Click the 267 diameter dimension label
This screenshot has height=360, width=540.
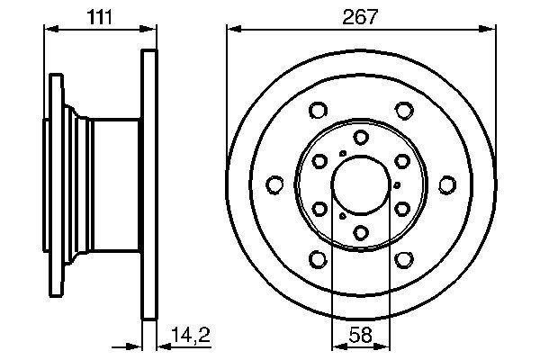point(360,15)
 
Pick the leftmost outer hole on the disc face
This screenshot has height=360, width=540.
point(274,185)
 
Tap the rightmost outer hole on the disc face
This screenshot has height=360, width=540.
point(447,185)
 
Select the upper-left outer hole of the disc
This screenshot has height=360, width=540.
point(317,111)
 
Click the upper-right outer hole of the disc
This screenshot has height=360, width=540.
point(404,111)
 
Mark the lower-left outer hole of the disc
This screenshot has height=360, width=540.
point(317,260)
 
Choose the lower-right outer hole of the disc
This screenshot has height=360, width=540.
point(404,260)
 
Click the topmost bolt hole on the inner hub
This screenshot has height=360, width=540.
point(360,137)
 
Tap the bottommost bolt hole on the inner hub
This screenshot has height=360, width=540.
point(360,234)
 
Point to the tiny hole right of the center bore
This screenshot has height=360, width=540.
point(397,185)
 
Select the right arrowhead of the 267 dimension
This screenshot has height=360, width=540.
point(491,30)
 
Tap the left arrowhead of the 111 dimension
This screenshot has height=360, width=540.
point(49,30)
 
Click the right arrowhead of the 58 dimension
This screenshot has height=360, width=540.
point(385,346)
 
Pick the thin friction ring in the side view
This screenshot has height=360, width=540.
point(149,185)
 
